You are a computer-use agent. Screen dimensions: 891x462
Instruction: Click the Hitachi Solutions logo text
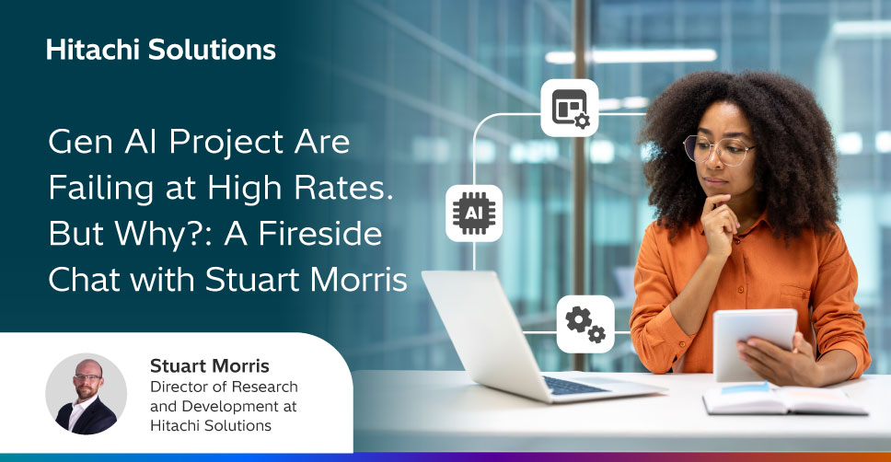[161, 50]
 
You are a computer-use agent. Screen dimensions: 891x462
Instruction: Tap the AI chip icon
[474, 214]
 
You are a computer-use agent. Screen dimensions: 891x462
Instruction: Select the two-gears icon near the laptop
[585, 324]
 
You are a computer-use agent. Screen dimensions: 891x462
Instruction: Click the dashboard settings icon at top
[570, 108]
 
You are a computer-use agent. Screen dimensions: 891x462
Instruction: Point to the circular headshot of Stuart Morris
[87, 394]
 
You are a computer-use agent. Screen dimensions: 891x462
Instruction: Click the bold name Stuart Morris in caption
[210, 366]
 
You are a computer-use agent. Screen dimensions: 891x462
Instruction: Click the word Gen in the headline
[82, 142]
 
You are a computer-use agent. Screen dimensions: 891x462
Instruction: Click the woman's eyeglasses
[718, 149]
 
